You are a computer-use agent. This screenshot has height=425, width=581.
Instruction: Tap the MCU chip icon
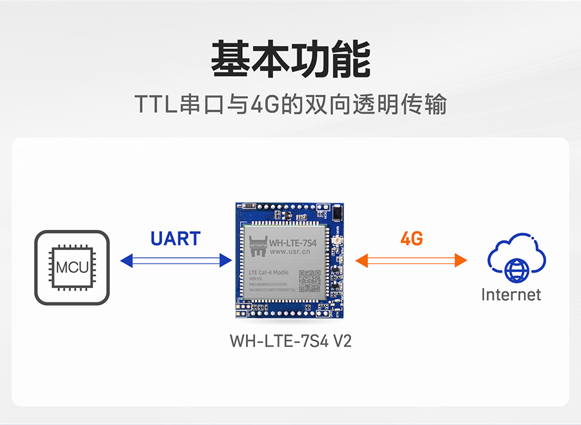pyautogui.click(x=72, y=267)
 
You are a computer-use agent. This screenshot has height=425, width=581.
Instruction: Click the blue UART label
pyautogui.click(x=176, y=239)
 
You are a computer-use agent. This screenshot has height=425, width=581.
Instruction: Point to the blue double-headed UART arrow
pyautogui.click(x=176, y=260)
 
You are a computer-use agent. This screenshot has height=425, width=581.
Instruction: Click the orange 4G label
pyautogui.click(x=411, y=239)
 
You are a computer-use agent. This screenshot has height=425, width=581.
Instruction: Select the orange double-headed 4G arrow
pyautogui.click(x=411, y=260)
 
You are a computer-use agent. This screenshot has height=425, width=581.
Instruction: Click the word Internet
pyautogui.click(x=511, y=295)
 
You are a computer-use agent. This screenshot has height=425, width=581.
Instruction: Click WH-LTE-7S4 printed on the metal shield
pyautogui.click(x=293, y=244)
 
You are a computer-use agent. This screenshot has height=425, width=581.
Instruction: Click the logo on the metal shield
pyautogui.click(x=258, y=245)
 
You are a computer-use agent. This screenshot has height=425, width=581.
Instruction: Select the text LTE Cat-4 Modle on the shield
pyautogui.click(x=269, y=273)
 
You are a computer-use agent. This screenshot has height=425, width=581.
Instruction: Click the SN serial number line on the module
pyautogui.click(x=271, y=290)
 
